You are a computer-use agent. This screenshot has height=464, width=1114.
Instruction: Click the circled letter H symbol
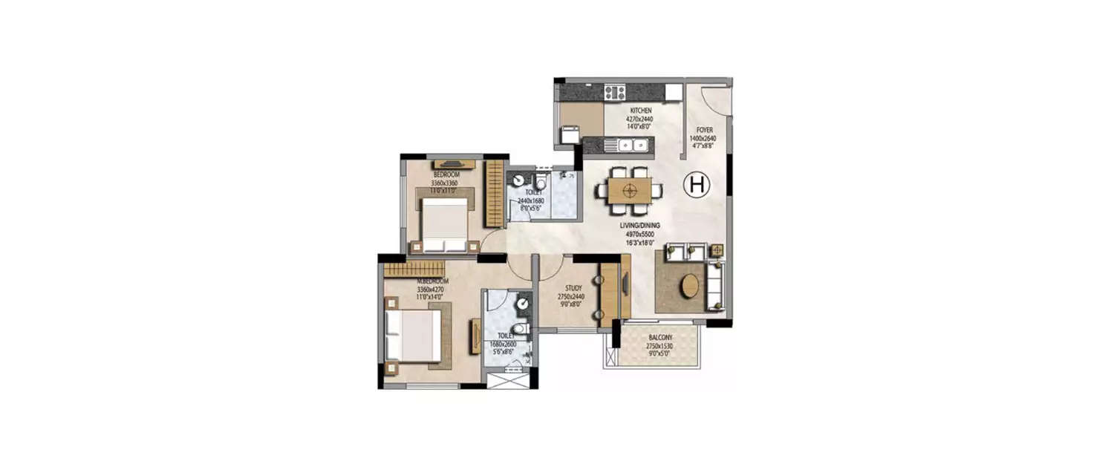coord(697,185)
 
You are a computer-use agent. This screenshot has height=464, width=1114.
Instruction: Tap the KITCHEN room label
coord(640,111)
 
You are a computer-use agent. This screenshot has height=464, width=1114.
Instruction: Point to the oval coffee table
coord(691,286)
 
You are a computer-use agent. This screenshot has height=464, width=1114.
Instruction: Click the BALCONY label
coord(660,337)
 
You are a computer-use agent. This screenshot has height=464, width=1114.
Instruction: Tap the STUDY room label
coord(572,287)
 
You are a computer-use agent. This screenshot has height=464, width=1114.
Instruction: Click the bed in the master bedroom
coord(414,336)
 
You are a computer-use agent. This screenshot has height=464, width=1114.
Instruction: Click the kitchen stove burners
coord(614,92)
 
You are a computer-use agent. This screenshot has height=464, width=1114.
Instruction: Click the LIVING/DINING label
coord(639,225)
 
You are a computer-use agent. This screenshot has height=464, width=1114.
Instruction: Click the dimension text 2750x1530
coord(660,346)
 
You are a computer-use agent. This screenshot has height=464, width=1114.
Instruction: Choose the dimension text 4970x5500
coord(639,234)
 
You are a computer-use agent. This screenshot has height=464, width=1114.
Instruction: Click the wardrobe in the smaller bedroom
coord(494,194)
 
